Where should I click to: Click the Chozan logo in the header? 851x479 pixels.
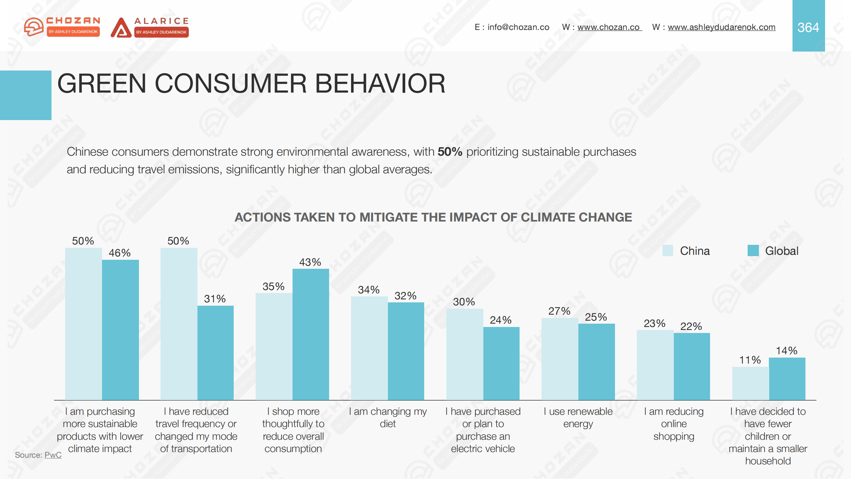coord(62,27)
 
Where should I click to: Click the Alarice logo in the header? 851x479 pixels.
coord(150,27)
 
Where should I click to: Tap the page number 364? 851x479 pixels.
coord(808,27)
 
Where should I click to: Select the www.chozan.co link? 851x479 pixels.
coord(608,27)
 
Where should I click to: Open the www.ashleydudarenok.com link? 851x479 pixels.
coord(721,27)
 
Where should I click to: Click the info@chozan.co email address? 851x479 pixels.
coord(518,27)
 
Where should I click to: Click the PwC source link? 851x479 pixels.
coord(53,455)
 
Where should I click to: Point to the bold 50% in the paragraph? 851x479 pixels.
coord(450,152)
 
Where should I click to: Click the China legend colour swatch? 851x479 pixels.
coord(668,250)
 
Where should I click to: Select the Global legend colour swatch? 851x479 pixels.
coord(753,250)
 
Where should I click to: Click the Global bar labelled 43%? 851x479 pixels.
coord(310,334)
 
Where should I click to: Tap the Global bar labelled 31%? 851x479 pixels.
coord(215,353)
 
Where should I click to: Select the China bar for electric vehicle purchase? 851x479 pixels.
coord(464,354)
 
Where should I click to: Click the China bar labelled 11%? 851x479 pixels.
coord(750,383)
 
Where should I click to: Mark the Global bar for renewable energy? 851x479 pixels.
coord(596,362)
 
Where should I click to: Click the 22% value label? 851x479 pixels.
coord(691,326)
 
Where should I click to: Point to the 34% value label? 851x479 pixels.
coord(369,290)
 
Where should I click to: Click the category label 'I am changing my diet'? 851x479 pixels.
coord(388,417)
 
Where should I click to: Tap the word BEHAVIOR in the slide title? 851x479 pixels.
coord(380,83)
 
